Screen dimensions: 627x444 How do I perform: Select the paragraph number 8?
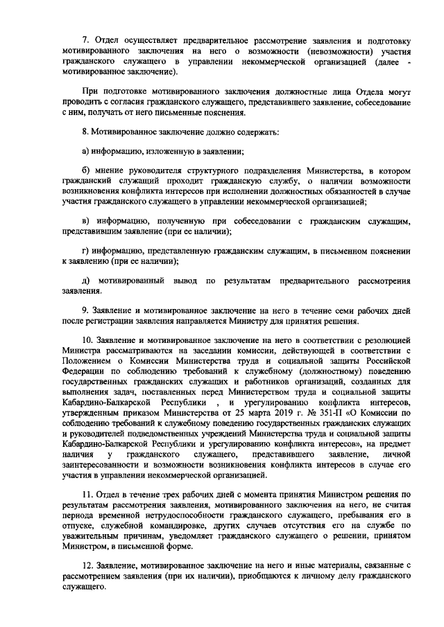(x=85, y=131)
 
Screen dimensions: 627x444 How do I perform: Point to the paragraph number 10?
(x=88, y=341)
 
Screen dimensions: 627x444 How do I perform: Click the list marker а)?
(x=86, y=150)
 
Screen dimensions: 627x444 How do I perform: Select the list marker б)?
(x=86, y=170)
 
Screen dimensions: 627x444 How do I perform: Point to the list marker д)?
(x=86, y=281)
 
